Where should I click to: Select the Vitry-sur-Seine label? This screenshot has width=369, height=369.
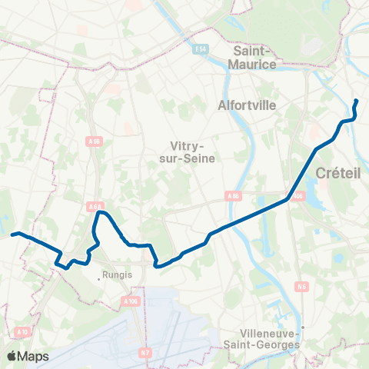(x=193, y=151)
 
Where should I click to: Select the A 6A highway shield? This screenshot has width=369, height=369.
(x=95, y=206)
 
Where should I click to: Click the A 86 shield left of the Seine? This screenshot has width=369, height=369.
(x=234, y=196)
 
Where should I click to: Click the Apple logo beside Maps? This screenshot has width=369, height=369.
(x=12, y=356)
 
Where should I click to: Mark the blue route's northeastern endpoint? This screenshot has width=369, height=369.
(x=357, y=101)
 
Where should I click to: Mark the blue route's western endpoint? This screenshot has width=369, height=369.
(x=12, y=234)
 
